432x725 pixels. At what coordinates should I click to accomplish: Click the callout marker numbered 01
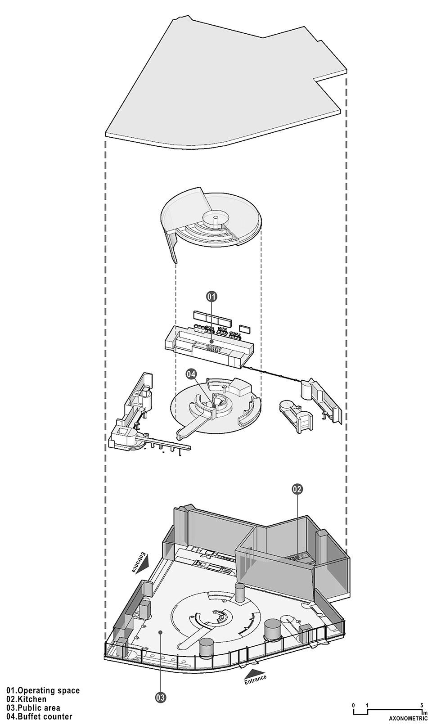(x=211, y=296)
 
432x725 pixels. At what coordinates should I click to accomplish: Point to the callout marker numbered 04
(x=191, y=374)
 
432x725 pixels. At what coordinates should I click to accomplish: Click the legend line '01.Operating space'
(x=43, y=690)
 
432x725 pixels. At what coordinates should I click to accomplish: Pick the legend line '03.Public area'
(x=33, y=708)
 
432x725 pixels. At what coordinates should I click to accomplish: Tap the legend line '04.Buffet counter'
(x=39, y=716)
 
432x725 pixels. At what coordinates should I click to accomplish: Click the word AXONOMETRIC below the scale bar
(x=405, y=719)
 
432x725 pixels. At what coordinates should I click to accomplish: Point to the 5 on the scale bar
(x=421, y=705)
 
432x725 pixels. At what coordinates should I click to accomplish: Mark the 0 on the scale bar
(x=354, y=705)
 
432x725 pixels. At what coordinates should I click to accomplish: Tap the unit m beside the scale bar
(x=424, y=713)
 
